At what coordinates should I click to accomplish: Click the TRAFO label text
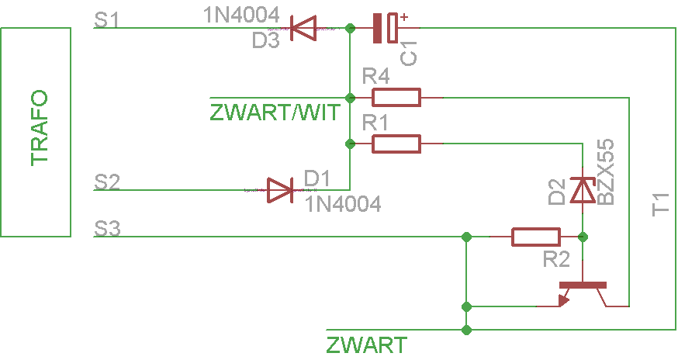click(39, 128)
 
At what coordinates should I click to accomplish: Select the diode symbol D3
click(303, 28)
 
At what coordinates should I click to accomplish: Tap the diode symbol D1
click(280, 190)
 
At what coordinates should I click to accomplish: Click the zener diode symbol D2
click(583, 190)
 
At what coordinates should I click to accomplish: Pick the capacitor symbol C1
click(386, 28)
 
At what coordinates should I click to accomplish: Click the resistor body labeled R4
click(396, 97)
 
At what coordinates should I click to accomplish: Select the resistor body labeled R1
click(396, 144)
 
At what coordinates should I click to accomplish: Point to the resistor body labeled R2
click(536, 237)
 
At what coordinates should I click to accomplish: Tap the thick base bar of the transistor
click(583, 286)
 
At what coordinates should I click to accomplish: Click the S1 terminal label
click(106, 19)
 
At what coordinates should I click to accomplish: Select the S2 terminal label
click(107, 182)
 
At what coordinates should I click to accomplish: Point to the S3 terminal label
click(107, 229)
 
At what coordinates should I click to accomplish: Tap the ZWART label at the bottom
click(367, 345)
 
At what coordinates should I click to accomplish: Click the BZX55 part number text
click(605, 171)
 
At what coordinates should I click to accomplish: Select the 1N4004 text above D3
click(242, 16)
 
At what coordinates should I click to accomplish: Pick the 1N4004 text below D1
click(344, 204)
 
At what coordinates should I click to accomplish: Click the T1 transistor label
click(660, 205)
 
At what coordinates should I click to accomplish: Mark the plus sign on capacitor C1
click(404, 17)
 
